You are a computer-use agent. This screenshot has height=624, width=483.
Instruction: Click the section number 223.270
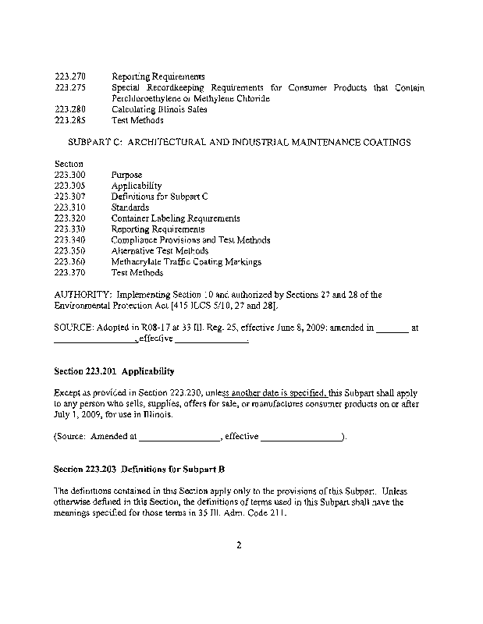[70, 77]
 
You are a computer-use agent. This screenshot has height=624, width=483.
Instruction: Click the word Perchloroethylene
[149, 99]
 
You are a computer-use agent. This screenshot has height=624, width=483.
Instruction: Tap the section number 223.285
[70, 121]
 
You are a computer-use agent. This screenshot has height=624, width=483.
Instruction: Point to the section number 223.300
[70, 175]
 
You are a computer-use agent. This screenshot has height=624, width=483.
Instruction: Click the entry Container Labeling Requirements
[176, 219]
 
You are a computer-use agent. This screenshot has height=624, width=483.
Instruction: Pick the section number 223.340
[70, 240]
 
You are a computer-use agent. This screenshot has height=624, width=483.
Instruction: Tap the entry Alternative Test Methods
[160, 251]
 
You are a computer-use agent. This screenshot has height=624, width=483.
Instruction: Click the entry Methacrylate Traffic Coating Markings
[186, 262]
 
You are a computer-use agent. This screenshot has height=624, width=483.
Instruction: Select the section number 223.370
[70, 273]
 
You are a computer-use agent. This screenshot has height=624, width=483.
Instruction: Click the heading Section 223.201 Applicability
[113, 371]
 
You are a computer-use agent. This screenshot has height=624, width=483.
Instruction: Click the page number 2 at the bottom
[240, 545]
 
